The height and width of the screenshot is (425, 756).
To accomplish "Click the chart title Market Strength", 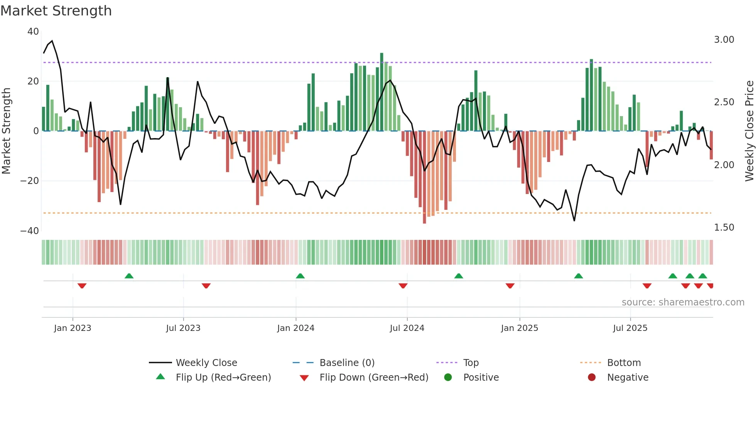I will pos(56,11).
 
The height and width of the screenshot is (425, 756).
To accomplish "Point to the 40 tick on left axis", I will pos(33,32).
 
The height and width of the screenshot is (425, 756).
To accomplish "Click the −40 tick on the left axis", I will pos(30,231).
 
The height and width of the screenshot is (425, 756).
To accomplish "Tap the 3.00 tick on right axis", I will pos(724,40).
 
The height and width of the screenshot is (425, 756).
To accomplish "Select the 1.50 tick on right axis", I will pos(724,228).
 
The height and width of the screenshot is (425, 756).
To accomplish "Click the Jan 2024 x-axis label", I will pos(295,328).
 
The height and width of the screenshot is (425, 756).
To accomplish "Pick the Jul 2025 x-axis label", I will pos(630,328).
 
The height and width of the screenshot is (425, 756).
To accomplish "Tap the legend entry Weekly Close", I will pos(206,363).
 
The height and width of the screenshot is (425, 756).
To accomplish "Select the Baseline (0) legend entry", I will pos(347,363).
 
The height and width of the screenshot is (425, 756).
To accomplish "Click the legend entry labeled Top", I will pos(471,363).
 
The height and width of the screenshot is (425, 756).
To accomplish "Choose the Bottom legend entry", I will pos(624,363).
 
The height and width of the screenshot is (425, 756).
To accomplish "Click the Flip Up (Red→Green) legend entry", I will pos(223,378).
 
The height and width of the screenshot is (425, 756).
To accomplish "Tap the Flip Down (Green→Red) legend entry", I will pos(373,378).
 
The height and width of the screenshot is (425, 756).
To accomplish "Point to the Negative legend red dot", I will pos(592,377).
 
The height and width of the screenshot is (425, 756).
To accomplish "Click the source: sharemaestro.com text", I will pos(683,302).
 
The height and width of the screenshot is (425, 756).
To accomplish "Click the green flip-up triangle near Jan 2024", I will pos(300,276).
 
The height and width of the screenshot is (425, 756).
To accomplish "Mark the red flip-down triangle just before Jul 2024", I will pos(403,286).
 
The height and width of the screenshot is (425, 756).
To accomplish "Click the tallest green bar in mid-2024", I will pos(381,92).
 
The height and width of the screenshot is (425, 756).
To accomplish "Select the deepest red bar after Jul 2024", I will pos(424,177).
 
